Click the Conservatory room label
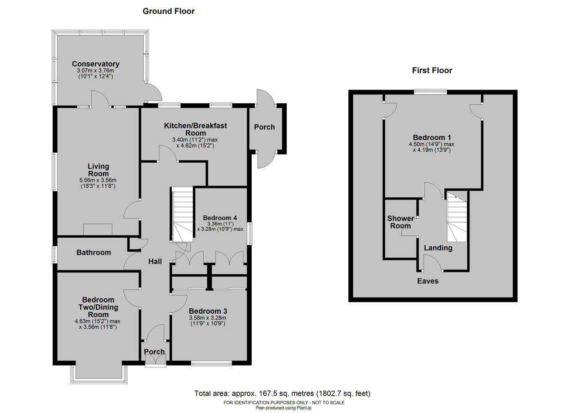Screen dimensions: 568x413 [x=95, y=64]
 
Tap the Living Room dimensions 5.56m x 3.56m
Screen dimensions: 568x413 [x=98, y=180]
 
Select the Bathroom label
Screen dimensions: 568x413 [x=94, y=252]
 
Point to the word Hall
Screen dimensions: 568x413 [x=155, y=261]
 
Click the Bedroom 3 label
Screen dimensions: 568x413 [x=208, y=311]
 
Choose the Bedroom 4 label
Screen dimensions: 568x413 [x=220, y=218]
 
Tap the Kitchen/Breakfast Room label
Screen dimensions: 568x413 [x=195, y=129]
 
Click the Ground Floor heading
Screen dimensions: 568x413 [x=169, y=11]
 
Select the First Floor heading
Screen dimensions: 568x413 [x=432, y=70]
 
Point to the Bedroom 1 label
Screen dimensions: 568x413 [x=432, y=138]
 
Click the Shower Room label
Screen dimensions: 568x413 [x=400, y=222]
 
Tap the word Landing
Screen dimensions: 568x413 [x=438, y=248]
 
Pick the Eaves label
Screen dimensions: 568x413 [x=428, y=281]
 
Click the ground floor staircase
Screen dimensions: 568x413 [x=182, y=215]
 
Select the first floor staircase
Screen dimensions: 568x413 [x=457, y=216]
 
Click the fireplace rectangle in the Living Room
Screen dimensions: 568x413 [x=98, y=229]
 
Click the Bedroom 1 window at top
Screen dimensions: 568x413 [x=430, y=92]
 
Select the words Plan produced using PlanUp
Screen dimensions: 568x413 [x=284, y=408]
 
